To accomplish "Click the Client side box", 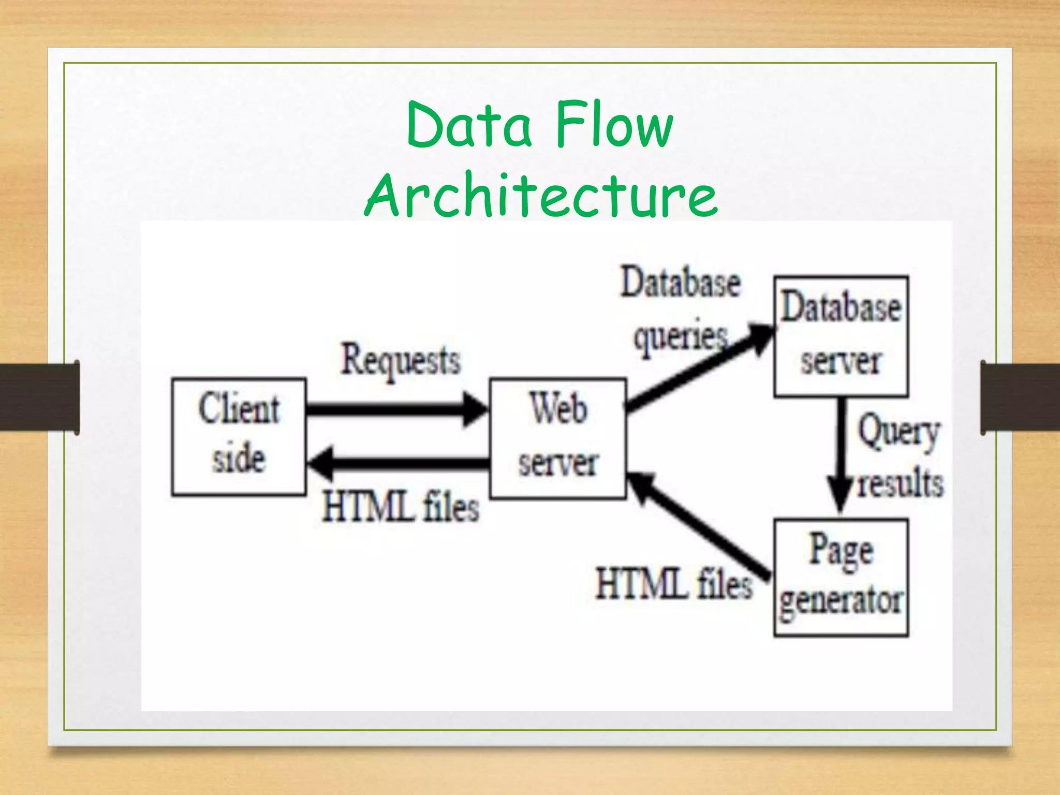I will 239,437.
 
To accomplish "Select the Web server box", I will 558,438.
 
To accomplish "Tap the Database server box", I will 841,336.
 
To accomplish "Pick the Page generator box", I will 841,577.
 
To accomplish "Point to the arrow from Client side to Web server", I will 396,409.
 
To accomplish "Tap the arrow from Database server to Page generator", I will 842,455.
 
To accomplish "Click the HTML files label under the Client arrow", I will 400,506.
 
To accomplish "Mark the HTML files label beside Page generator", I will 673,584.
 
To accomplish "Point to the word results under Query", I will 901,483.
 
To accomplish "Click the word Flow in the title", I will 614,125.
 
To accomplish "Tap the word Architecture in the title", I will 541,195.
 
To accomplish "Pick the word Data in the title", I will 469,125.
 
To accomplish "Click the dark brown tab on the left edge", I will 39,397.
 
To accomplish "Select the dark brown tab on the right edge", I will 1020,397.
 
